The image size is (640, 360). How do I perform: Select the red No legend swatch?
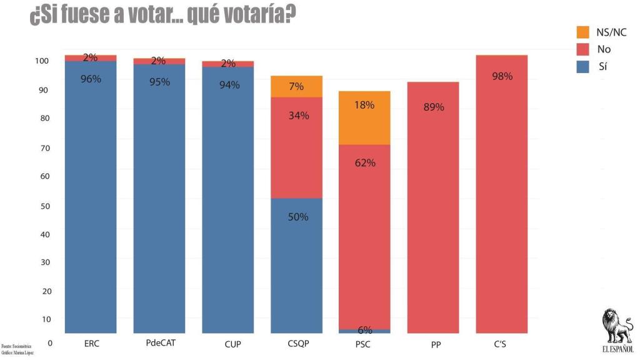(x=582, y=49)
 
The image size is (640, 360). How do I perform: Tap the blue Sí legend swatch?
(x=582, y=66)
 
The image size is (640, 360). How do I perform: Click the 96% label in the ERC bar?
(x=91, y=79)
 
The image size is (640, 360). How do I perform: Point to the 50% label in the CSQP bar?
(x=298, y=217)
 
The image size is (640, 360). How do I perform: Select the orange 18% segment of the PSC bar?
(x=364, y=117)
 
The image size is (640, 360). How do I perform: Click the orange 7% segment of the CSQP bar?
(x=296, y=86)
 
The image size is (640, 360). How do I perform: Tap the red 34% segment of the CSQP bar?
(x=296, y=147)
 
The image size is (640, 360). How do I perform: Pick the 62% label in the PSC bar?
(x=365, y=163)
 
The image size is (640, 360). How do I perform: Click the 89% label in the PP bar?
(x=434, y=107)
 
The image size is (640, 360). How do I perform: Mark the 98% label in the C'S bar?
(x=502, y=76)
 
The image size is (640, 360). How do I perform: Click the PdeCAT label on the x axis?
(x=159, y=344)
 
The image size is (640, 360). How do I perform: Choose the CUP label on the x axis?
(x=228, y=344)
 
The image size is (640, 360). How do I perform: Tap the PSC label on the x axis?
(x=365, y=344)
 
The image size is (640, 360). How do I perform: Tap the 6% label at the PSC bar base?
(x=365, y=330)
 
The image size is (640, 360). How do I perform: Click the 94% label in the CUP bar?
(x=229, y=85)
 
